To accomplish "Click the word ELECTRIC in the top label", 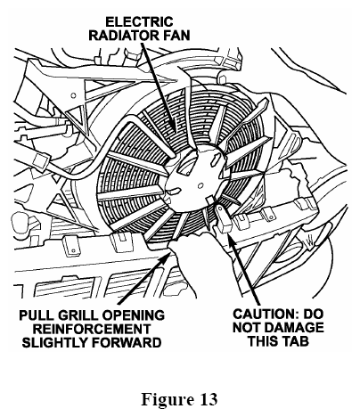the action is click(x=139, y=22).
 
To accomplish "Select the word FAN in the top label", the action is click(x=176, y=36).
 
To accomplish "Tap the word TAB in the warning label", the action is click(x=295, y=341).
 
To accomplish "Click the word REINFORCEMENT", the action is click(x=92, y=329).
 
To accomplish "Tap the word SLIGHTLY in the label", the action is click(x=55, y=342).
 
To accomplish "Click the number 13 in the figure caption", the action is click(x=209, y=399).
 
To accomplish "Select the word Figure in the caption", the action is click(x=168, y=400).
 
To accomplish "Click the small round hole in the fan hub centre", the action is click(x=200, y=185).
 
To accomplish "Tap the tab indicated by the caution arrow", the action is click(x=225, y=219).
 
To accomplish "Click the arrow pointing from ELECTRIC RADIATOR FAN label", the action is click(x=159, y=87).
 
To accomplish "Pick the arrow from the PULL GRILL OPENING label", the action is click(x=145, y=278).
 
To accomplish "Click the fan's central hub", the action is click(x=193, y=178).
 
